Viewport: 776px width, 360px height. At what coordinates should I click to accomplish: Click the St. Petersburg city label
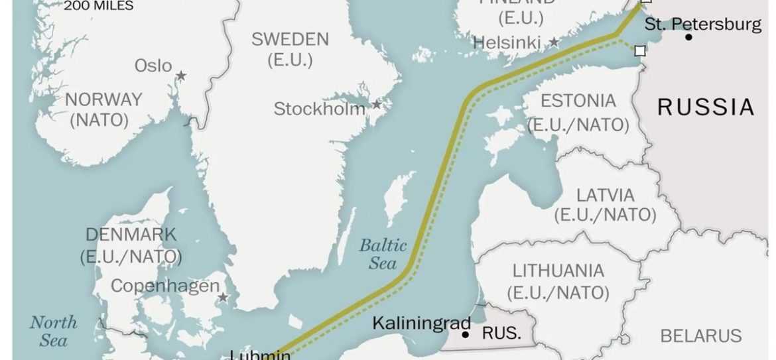click(703, 25)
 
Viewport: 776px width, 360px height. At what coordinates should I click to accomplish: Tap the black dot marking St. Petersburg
click(689, 37)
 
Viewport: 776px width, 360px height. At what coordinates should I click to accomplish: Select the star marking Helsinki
click(554, 42)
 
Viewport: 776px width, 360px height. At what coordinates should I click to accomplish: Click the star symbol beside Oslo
click(180, 76)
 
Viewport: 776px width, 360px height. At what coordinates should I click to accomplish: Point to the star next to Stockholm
click(377, 105)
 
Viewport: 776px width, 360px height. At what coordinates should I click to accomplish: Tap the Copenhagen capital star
click(224, 298)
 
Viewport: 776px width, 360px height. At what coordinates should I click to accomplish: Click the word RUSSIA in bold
click(706, 107)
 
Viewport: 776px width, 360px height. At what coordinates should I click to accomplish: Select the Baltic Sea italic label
click(383, 254)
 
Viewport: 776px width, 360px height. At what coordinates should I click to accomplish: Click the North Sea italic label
click(53, 331)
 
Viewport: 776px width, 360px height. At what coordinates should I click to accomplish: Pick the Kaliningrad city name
click(421, 324)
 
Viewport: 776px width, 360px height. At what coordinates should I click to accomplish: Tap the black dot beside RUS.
click(466, 335)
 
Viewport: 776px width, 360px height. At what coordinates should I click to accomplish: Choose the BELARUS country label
click(701, 335)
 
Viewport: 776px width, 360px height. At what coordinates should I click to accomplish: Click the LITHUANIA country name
click(558, 270)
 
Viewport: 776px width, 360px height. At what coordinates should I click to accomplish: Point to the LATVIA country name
click(605, 196)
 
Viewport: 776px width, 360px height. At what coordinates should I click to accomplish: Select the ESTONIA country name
click(578, 101)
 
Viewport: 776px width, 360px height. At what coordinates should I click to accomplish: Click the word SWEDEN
click(290, 39)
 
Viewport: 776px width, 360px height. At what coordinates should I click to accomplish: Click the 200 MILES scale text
click(99, 6)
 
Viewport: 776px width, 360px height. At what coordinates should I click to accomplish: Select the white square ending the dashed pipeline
click(639, 50)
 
